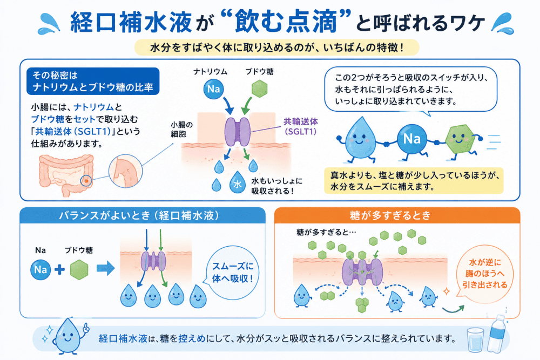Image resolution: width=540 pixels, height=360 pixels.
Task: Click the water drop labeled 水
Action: [237, 182]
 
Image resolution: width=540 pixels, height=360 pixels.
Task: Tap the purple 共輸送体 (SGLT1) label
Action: [301, 126]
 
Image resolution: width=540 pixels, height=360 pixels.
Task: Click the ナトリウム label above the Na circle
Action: [210, 72]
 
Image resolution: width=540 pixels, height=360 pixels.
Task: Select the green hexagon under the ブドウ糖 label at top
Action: [259, 89]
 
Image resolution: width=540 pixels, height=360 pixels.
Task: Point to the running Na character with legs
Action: [411, 140]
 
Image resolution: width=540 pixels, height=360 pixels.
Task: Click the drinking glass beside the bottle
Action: [475, 339]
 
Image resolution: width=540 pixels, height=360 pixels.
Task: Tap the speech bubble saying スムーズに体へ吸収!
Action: [232, 272]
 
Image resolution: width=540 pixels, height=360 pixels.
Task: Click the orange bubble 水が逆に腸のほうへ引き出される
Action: [484, 274]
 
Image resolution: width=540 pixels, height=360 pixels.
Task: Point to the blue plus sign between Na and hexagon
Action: [59, 269]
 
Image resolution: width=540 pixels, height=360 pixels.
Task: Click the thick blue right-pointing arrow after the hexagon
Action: [105, 268]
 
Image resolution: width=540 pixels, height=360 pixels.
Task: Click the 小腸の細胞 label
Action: [181, 130]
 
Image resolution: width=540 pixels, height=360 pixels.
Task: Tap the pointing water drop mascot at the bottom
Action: [70, 336]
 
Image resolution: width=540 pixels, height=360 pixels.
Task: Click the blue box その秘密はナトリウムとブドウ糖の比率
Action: [93, 81]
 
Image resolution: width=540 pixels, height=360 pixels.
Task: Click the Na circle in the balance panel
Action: [40, 269]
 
